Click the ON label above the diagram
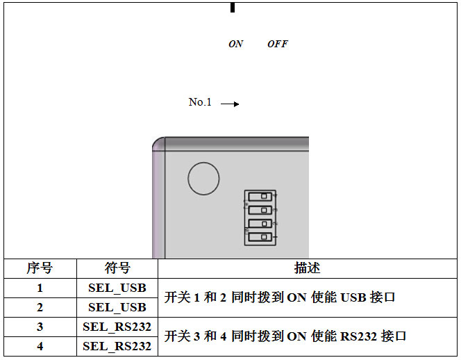236,44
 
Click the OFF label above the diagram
278,44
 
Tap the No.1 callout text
200,102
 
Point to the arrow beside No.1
230,104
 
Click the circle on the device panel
203,179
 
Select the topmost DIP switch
260,197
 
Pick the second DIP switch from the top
260,210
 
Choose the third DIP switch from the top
260,224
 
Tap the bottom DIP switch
260,237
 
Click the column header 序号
40,268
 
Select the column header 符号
117,268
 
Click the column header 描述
308,268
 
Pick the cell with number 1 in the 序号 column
40,288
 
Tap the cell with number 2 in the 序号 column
40,307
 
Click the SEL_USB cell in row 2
117,308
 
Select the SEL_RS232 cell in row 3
117,327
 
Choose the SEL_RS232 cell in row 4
117,347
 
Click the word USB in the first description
353,297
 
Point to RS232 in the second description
358,336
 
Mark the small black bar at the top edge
233,8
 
